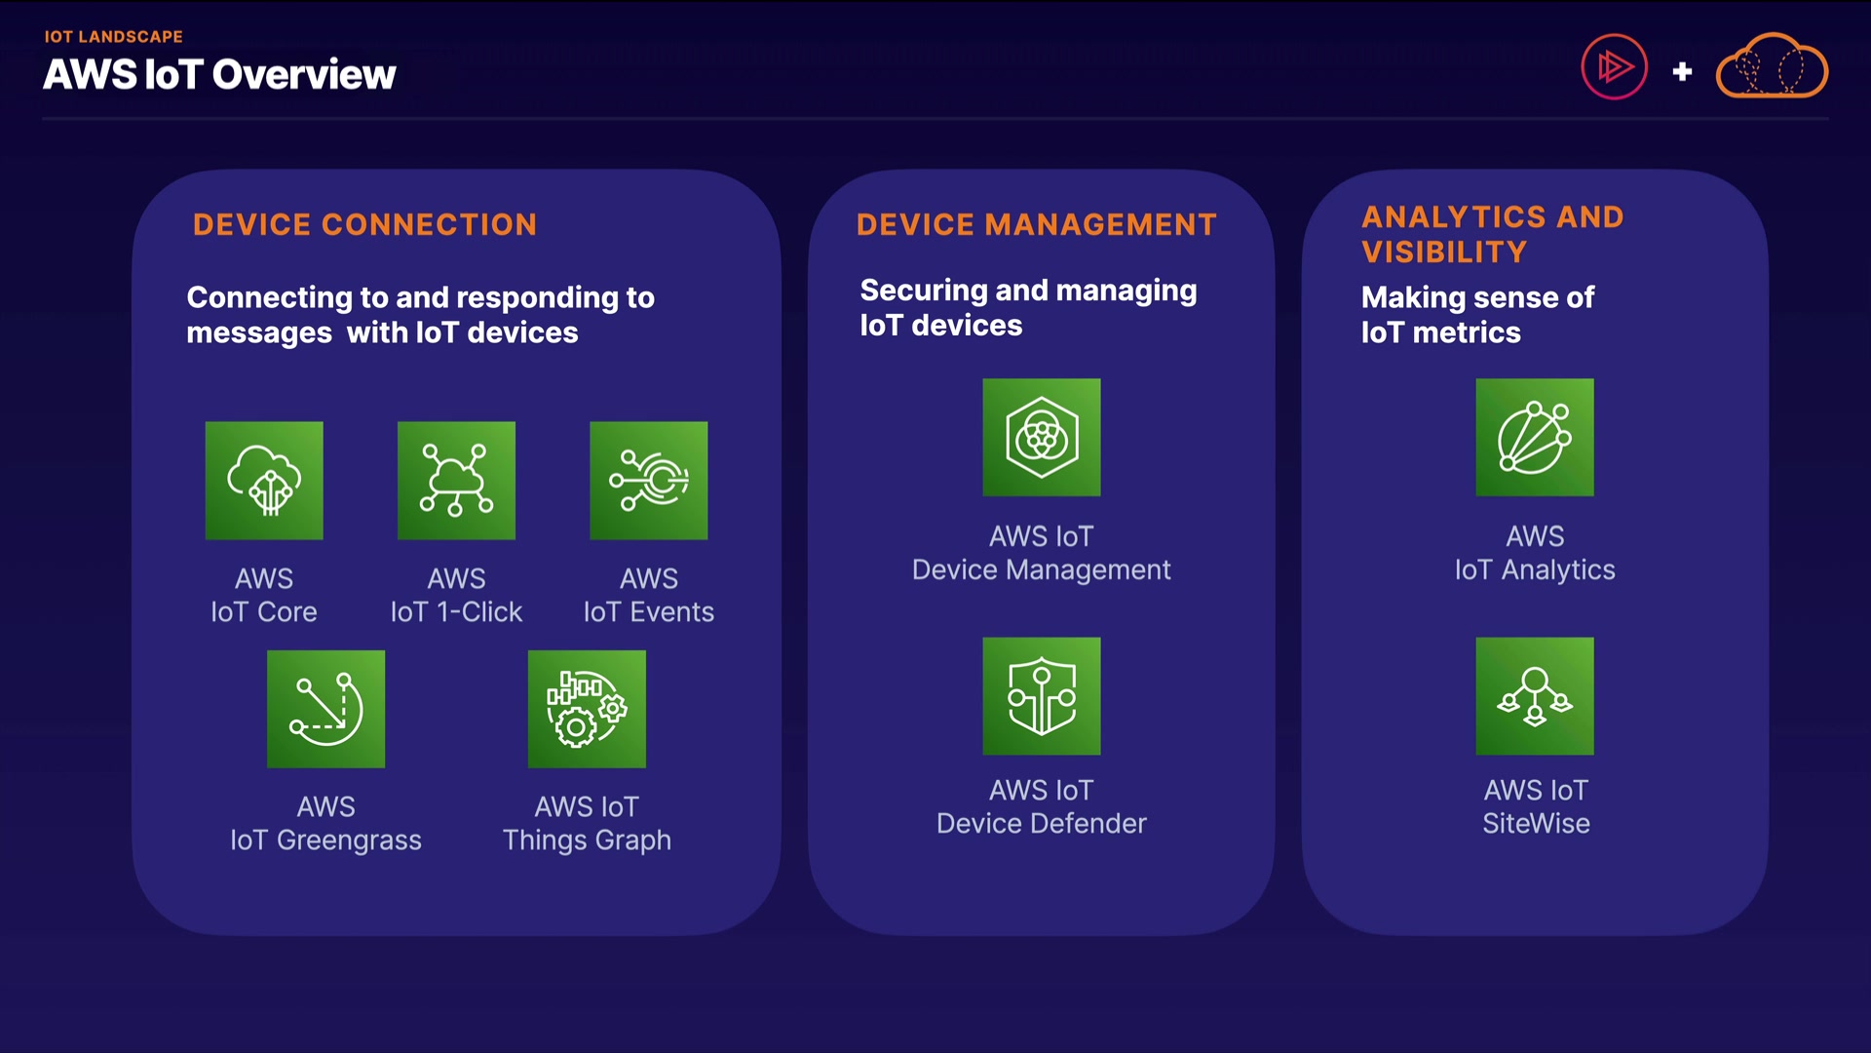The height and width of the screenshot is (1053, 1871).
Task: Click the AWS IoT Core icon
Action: pos(264,481)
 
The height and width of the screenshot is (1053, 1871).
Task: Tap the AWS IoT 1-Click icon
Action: pos(456,481)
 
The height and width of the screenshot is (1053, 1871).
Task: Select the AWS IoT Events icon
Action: pos(649,481)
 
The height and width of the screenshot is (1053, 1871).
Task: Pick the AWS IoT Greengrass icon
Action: pos(326,709)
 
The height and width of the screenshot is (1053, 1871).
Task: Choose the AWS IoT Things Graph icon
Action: pos(587,709)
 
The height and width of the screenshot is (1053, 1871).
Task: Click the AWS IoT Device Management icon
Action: pos(1042,437)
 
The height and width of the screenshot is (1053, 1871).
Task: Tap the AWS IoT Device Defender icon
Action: pos(1042,696)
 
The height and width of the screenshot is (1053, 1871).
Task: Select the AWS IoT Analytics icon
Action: pos(1535,437)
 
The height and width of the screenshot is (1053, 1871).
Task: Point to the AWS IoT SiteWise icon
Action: pos(1535,696)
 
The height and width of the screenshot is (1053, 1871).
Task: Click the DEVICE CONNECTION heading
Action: pos(364,224)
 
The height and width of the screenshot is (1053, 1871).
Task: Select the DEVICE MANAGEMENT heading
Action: pos(1037,224)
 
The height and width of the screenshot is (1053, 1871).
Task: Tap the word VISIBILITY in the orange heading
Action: pos(1444,253)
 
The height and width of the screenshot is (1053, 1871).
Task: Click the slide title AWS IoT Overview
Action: pos(219,74)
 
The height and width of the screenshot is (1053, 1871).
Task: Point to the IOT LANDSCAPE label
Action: pos(113,37)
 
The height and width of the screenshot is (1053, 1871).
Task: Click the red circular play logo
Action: pos(1614,67)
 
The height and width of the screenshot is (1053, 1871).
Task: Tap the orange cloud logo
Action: pos(1772,66)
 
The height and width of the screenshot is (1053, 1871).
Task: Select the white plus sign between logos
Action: pos(1682,71)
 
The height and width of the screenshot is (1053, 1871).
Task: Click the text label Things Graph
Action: pos(587,840)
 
